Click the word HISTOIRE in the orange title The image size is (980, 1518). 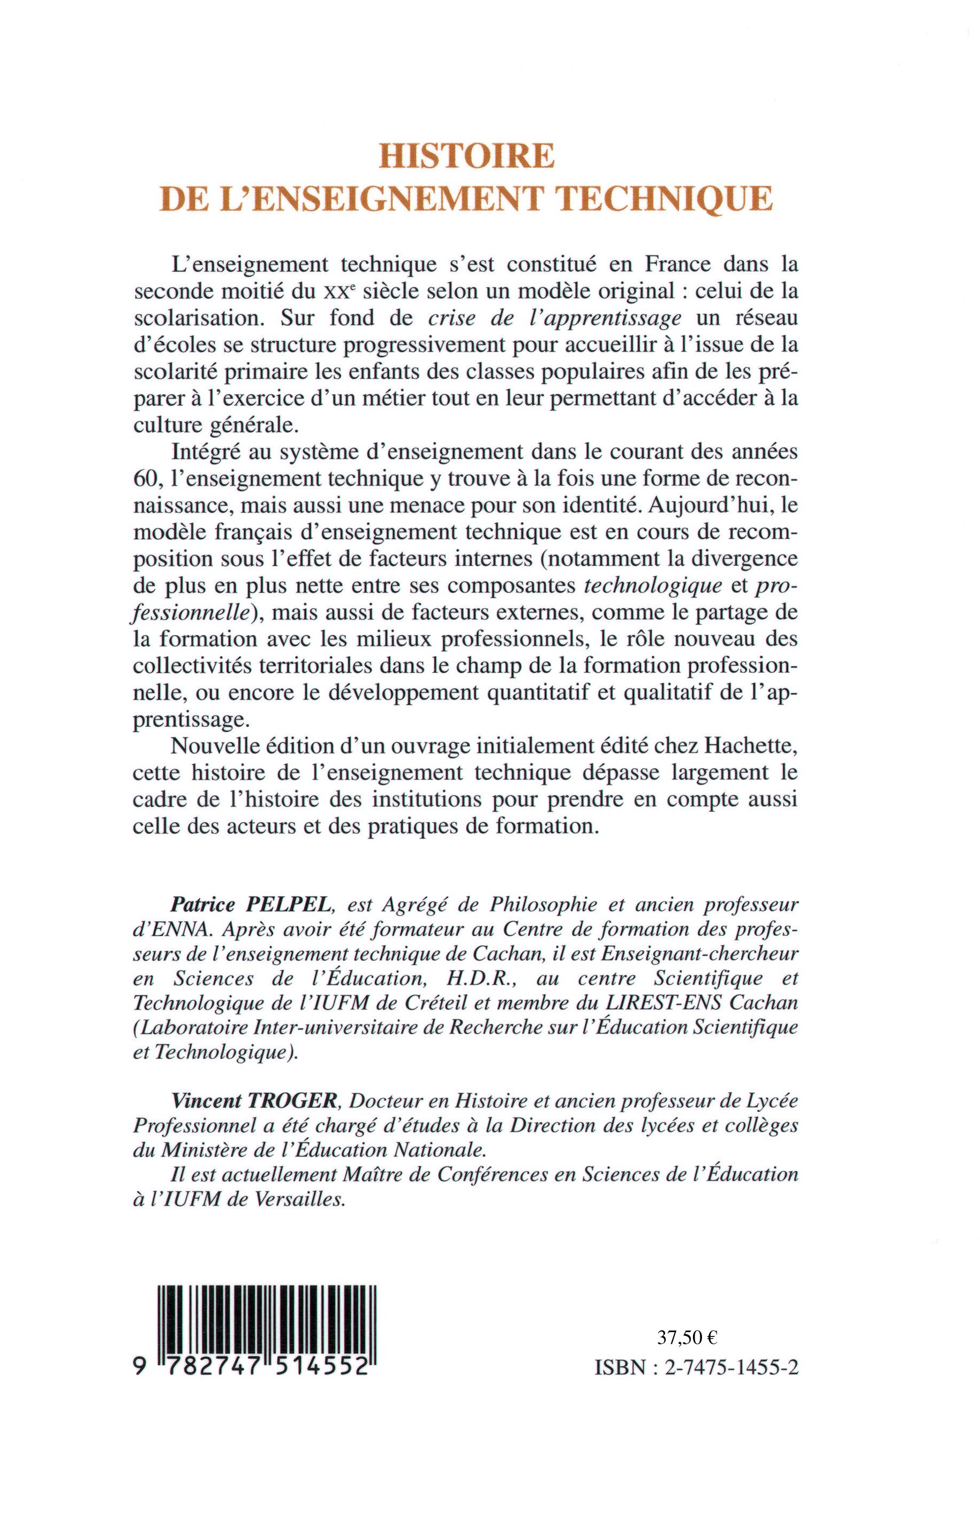pos(466,156)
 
